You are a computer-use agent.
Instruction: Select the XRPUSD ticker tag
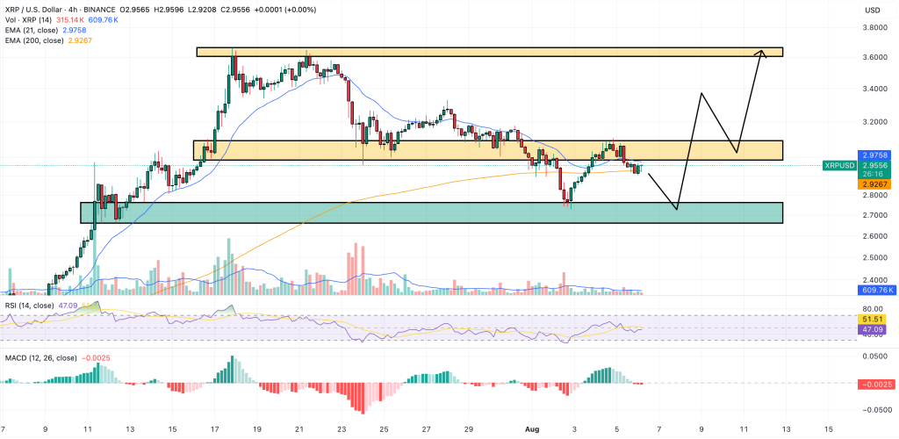(x=841, y=165)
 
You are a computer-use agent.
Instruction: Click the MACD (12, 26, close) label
(x=42, y=357)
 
